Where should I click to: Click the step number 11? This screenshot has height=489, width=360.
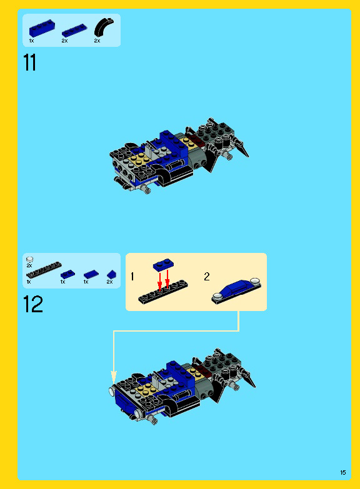point(30,62)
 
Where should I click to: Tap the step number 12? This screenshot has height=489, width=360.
point(32,304)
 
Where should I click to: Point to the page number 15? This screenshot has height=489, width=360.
point(343,472)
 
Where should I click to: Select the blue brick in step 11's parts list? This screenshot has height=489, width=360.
point(42,28)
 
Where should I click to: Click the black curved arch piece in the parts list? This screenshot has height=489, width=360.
point(104,27)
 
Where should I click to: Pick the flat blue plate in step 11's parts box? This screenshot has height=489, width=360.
point(74,31)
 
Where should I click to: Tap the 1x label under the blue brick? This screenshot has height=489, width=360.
point(31,41)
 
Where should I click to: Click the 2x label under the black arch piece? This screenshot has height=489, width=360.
point(97,41)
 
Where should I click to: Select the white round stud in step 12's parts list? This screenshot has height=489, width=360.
point(29,259)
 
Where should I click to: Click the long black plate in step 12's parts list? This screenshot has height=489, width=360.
point(44,269)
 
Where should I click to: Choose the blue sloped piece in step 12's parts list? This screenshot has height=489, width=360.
point(111,274)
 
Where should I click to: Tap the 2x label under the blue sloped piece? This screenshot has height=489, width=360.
point(109,282)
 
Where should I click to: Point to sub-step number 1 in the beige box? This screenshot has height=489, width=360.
point(132,276)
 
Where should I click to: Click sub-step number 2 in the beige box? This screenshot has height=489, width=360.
point(207,276)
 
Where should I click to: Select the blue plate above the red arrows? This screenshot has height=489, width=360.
point(163,264)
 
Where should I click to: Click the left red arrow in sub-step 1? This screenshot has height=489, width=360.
point(160,280)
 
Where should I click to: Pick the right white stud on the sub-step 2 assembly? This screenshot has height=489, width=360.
point(255,281)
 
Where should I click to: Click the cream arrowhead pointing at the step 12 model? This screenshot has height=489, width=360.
point(114,377)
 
